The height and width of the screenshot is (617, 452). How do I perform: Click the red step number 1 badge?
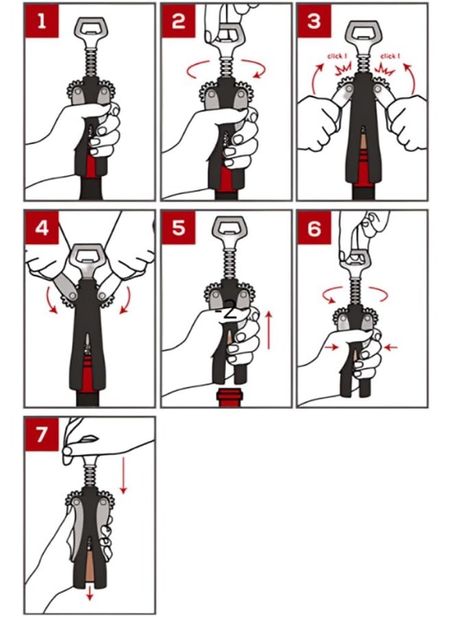click(42, 21)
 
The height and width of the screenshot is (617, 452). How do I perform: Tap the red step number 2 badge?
click(178, 21)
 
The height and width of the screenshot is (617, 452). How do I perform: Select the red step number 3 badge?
click(314, 21)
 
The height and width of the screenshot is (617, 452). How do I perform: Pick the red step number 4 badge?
click(42, 227)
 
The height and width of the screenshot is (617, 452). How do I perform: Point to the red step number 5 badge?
click(178, 227)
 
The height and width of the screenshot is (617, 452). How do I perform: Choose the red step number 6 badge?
click(314, 227)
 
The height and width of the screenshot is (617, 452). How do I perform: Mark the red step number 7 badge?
click(42, 434)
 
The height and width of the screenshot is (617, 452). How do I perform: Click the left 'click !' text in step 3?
click(337, 56)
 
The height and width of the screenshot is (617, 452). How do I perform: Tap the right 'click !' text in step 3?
click(390, 56)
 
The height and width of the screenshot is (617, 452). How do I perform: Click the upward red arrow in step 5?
click(269, 330)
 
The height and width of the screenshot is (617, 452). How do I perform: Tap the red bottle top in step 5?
click(229, 397)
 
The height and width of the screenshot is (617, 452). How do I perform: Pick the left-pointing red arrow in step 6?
click(390, 347)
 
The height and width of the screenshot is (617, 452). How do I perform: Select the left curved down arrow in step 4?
click(51, 300)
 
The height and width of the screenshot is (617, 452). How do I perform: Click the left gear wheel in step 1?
click(75, 92)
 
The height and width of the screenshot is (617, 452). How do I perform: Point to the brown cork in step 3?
click(363, 145)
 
